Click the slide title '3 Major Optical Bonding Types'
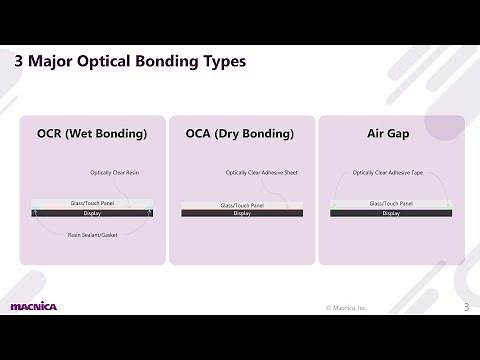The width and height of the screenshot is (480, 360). (x=130, y=62)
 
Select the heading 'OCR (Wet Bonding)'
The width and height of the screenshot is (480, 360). (x=92, y=133)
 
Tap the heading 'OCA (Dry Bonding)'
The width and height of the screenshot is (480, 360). (x=240, y=133)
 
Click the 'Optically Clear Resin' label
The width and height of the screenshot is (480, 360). (x=114, y=172)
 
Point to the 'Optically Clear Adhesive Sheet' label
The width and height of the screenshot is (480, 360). (x=262, y=172)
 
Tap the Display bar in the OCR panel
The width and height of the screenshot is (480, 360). (x=92, y=213)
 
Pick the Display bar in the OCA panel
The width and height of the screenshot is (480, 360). (x=242, y=213)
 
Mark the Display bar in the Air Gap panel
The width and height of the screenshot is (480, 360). (x=391, y=213)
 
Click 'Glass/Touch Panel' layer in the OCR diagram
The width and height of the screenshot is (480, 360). (x=92, y=204)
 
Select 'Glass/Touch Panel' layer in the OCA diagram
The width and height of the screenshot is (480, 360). (x=242, y=205)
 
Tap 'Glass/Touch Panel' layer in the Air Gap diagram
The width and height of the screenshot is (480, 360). (x=391, y=204)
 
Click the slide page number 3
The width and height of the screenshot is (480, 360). (x=465, y=306)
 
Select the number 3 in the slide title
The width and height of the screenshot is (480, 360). (x=20, y=62)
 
